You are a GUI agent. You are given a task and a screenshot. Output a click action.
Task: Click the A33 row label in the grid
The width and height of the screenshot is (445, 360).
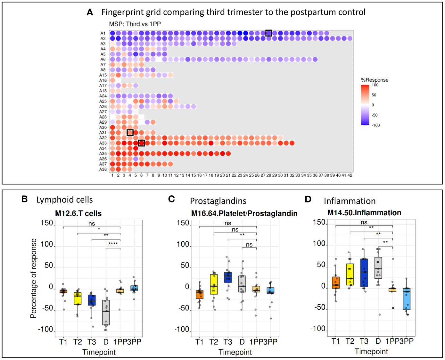103,143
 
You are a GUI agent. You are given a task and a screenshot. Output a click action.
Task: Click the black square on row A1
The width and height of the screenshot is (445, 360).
269,33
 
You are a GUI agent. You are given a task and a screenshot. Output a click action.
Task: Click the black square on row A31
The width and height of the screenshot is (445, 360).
130,133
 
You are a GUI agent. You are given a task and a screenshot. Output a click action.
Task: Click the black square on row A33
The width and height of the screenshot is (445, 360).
141,143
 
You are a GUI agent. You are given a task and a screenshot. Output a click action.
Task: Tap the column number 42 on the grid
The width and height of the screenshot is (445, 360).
350,175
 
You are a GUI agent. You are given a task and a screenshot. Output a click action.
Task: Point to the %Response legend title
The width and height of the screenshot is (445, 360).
375,80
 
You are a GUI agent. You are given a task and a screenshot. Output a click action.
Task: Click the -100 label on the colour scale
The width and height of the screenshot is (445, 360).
376,125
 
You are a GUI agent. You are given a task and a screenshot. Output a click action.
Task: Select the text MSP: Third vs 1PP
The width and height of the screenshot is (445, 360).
135,24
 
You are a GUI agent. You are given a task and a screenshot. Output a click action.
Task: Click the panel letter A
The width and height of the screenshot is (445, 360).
90,12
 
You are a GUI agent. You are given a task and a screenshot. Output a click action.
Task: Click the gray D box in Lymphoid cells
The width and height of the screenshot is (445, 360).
106,312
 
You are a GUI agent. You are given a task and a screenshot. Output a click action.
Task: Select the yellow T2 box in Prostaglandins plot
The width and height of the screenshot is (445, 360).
214,284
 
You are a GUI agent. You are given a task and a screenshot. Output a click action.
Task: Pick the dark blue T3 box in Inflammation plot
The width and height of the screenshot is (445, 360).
364,273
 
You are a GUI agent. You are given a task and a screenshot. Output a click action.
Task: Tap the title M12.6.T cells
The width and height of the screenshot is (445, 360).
78,213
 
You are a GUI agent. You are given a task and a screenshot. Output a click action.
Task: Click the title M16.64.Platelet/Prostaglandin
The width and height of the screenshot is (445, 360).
244,213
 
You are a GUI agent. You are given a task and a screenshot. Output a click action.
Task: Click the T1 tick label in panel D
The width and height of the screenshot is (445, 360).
335,341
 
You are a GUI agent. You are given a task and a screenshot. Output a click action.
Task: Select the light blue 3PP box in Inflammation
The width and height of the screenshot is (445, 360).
407,299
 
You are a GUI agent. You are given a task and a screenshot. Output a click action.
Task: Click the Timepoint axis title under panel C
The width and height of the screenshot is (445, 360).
235,352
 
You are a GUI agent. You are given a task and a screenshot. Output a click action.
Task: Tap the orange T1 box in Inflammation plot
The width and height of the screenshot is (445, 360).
336,282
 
